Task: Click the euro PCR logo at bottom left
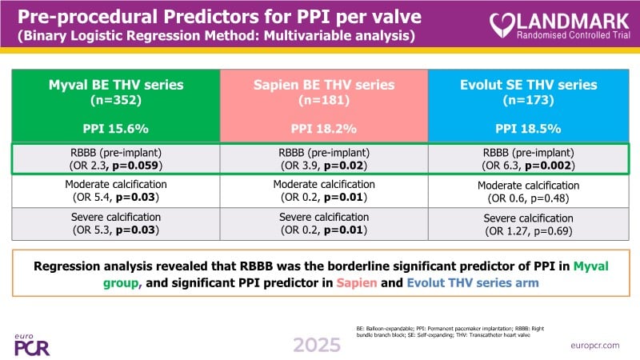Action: pyautogui.click(x=32, y=343)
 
